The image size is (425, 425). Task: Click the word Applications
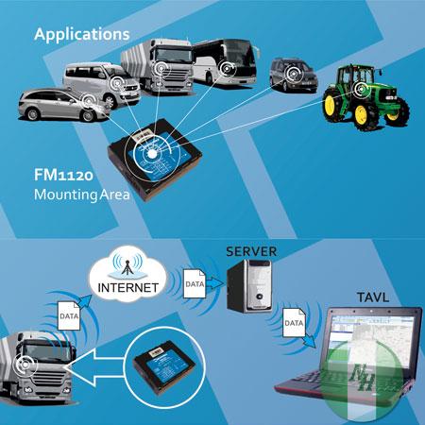click(82, 35)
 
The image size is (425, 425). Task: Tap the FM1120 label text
click(63, 175)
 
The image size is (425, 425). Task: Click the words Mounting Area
click(82, 195)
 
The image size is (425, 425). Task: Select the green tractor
click(366, 96)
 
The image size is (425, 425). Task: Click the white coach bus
click(225, 62)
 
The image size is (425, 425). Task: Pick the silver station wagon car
click(64, 105)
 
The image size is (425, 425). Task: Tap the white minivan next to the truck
click(101, 83)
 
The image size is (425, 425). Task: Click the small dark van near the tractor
click(294, 75)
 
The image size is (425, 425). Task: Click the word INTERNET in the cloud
click(128, 288)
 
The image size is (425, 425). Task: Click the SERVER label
click(251, 251)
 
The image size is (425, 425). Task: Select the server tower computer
click(249, 286)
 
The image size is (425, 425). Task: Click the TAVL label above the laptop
click(373, 297)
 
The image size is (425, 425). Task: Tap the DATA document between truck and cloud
click(69, 315)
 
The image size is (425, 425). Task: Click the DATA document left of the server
click(195, 283)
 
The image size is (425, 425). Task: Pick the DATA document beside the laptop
click(294, 322)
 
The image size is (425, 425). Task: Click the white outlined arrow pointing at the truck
click(94, 367)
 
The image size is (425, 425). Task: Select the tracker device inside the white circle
click(164, 366)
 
